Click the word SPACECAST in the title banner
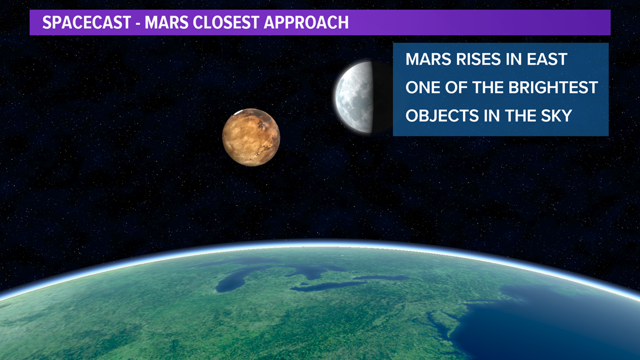click(x=86, y=22)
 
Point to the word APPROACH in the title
click(x=306, y=22)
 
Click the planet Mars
click(x=251, y=137)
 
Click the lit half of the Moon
click(x=354, y=98)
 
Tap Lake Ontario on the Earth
click(x=382, y=277)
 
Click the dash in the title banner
click(x=138, y=24)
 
